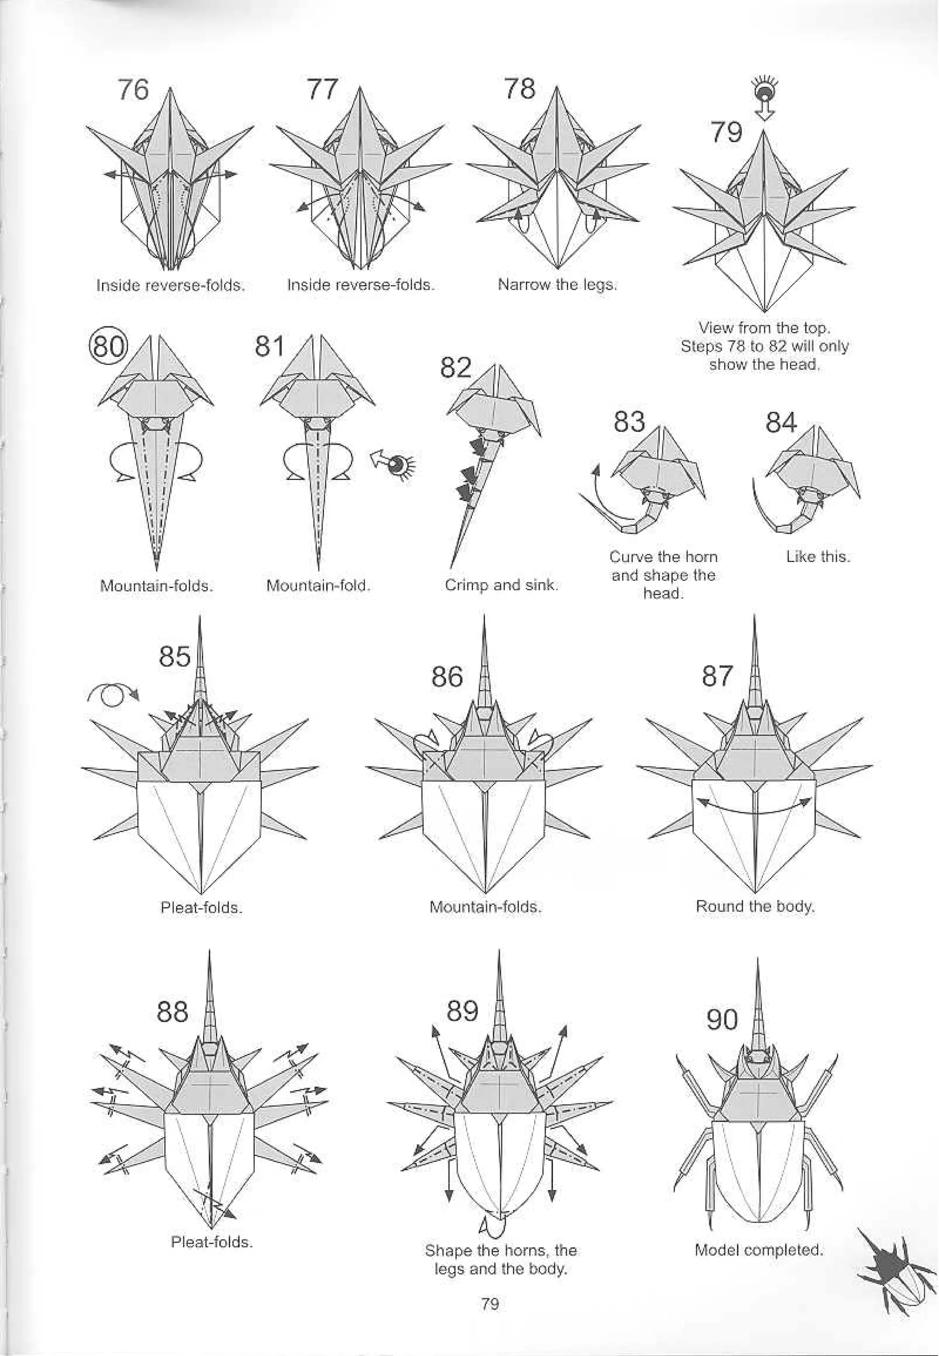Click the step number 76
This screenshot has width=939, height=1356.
pos(133,90)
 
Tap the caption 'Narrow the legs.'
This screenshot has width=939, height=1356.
pos(557,285)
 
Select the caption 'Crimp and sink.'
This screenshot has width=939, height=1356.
pos(501,585)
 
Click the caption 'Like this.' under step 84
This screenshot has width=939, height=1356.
pos(818,557)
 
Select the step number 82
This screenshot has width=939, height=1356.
pos(456,368)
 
